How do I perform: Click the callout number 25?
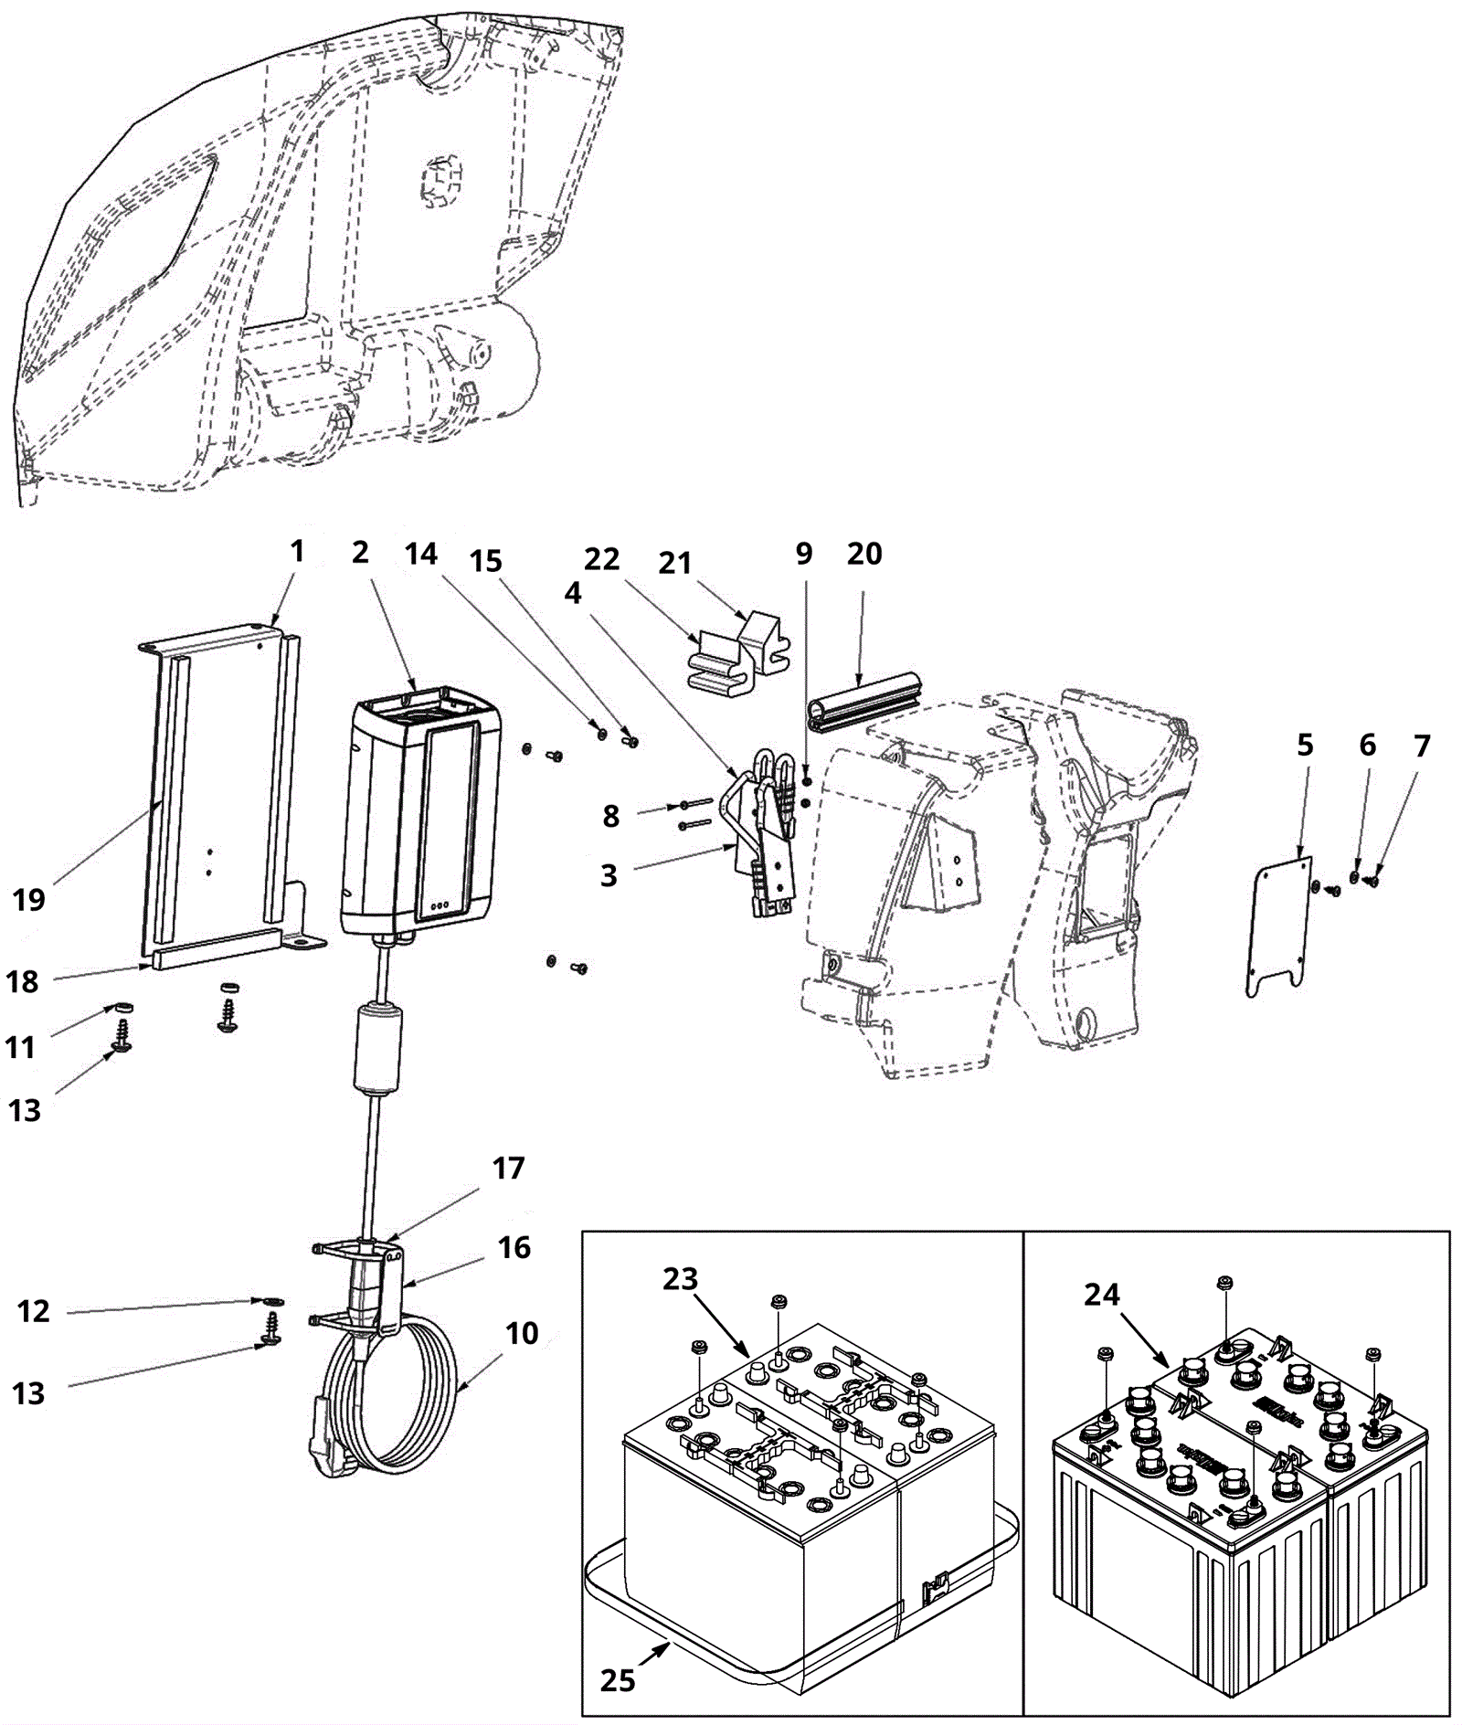tap(618, 1679)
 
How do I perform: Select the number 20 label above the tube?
tap(864, 554)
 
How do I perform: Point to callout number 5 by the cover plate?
tap(1305, 746)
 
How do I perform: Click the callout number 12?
tap(34, 1311)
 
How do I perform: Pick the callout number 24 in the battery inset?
tap(1102, 1295)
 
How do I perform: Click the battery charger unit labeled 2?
tap(422, 813)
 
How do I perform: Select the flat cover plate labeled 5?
tap(1278, 923)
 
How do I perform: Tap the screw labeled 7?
tap(1372, 882)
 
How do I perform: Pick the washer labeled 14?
tap(600, 732)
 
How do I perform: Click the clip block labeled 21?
tap(764, 640)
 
